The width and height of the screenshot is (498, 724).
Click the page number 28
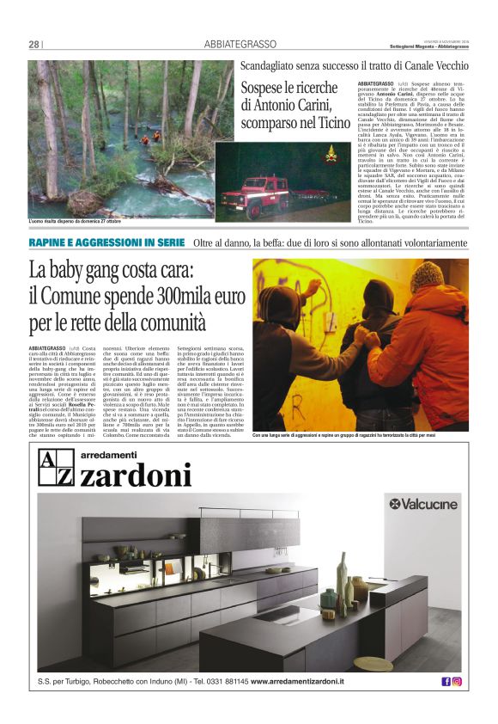coord(34,44)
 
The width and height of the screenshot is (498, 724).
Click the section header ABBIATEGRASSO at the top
coord(240,44)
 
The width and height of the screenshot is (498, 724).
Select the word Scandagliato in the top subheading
coord(270,65)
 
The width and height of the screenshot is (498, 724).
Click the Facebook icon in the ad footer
coord(446,682)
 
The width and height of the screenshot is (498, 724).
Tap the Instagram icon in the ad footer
coord(457,682)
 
